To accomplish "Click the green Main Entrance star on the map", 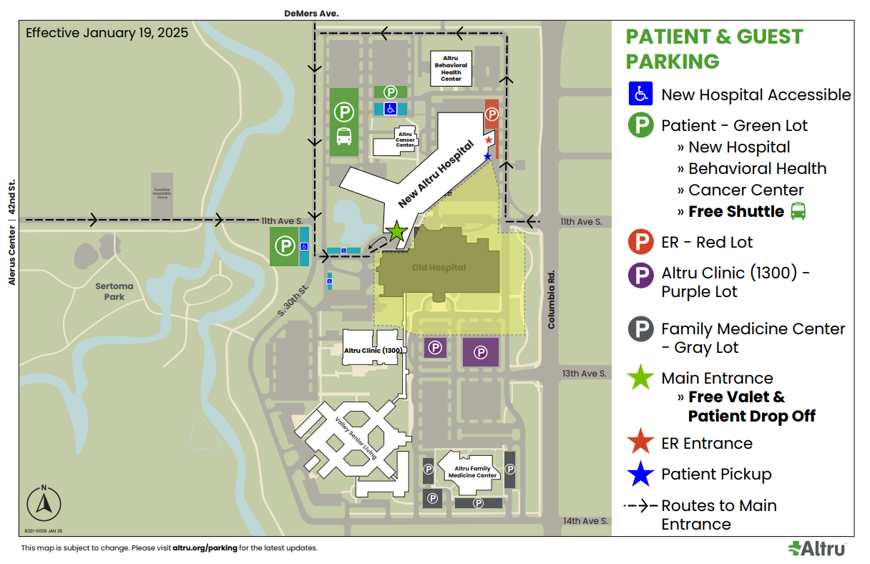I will pos(397,231).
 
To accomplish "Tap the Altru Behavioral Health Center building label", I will pos(451,68).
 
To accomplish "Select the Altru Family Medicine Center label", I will pos(472,472).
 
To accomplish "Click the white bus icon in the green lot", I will pos(344,136).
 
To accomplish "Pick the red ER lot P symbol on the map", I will pos(492,113).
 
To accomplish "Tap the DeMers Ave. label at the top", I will pos(311,13).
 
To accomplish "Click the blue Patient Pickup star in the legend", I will pos(640,474).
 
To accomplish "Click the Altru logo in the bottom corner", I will pos(817,548).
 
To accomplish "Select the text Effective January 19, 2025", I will pos(107,33).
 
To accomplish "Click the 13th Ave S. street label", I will pos(584,374).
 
